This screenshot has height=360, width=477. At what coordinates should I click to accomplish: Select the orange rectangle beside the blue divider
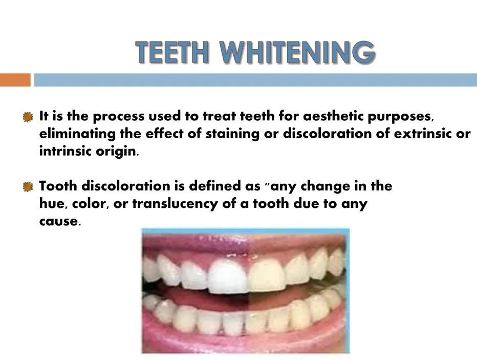pyautogui.click(x=15, y=80)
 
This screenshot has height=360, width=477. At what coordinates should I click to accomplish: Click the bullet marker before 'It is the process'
pyautogui.click(x=29, y=117)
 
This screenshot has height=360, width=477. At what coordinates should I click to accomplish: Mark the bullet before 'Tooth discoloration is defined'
pyautogui.click(x=29, y=187)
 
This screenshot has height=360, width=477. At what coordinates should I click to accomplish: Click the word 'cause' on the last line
pyautogui.click(x=59, y=222)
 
